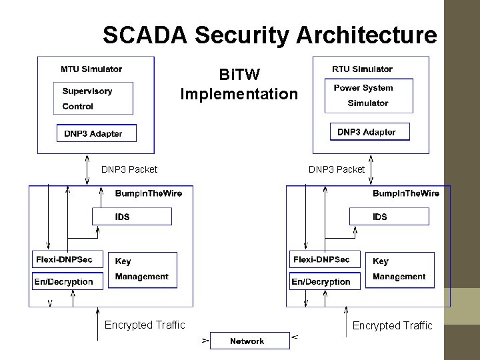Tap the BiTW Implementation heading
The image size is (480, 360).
(x=239, y=83)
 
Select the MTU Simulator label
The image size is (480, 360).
(x=91, y=69)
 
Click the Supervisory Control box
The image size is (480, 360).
(x=93, y=99)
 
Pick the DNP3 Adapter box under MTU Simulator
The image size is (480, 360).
(x=96, y=133)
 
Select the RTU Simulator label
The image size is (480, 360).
(x=362, y=69)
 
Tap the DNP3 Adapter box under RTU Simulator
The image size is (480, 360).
(x=369, y=131)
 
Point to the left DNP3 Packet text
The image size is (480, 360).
(x=129, y=169)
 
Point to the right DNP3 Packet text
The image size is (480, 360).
(x=337, y=169)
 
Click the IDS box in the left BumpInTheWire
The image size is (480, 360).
(x=131, y=216)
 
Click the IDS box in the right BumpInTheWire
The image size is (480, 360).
(x=389, y=216)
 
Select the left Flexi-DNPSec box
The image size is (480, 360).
(x=67, y=259)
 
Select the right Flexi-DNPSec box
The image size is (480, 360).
(x=324, y=259)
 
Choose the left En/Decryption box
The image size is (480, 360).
(x=67, y=281)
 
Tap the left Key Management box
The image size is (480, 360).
(x=141, y=269)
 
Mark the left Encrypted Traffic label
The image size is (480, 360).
(x=145, y=325)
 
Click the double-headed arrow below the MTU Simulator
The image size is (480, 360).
(x=88, y=170)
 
